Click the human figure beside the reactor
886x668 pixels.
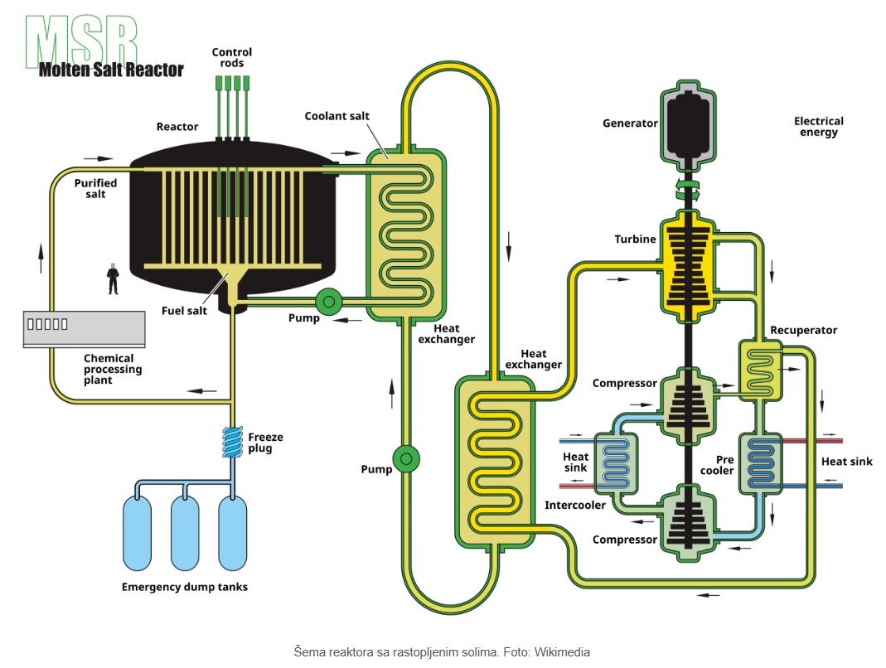[x=113, y=278]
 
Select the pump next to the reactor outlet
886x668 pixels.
[x=328, y=303]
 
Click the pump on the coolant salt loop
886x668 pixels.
[x=405, y=458]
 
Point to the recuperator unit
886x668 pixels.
[x=760, y=369]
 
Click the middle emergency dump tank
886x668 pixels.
[x=185, y=530]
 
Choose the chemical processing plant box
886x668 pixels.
[x=84, y=328]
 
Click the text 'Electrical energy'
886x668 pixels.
[x=818, y=127]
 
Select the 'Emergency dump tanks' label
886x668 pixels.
[x=184, y=587]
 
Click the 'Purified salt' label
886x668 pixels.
[x=95, y=188]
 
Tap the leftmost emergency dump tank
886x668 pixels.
[x=138, y=530]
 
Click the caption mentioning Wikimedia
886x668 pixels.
[x=442, y=651]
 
